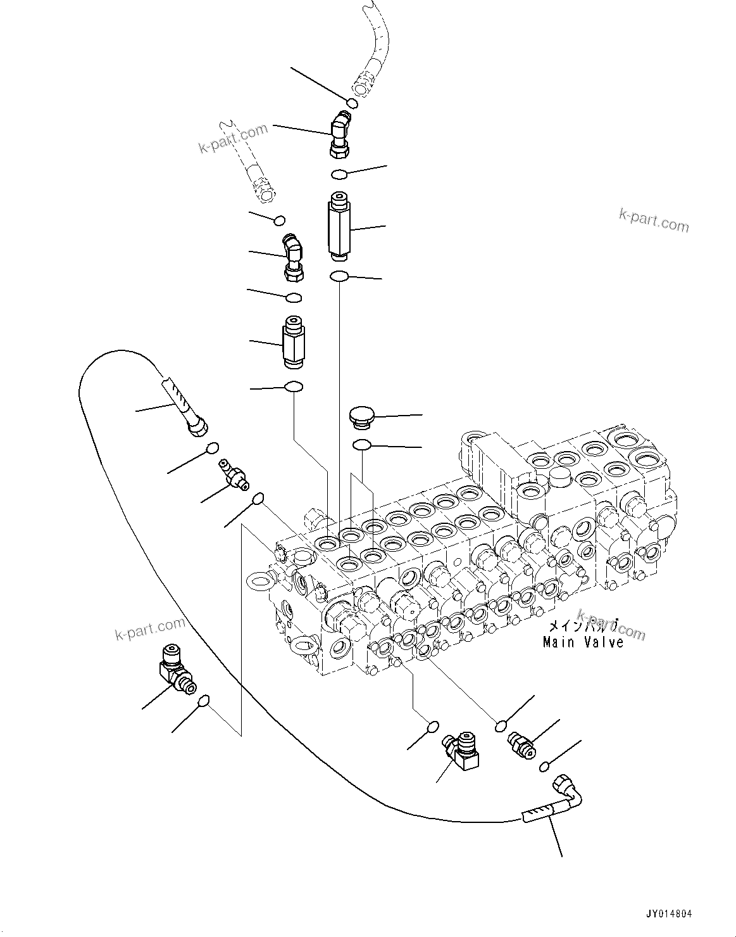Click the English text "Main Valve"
583,642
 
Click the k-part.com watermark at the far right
654,222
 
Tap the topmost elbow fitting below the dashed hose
340,133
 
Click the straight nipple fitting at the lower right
521,743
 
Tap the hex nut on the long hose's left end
197,428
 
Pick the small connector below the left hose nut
231,475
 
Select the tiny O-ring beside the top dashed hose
352,103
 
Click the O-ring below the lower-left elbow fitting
204,701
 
